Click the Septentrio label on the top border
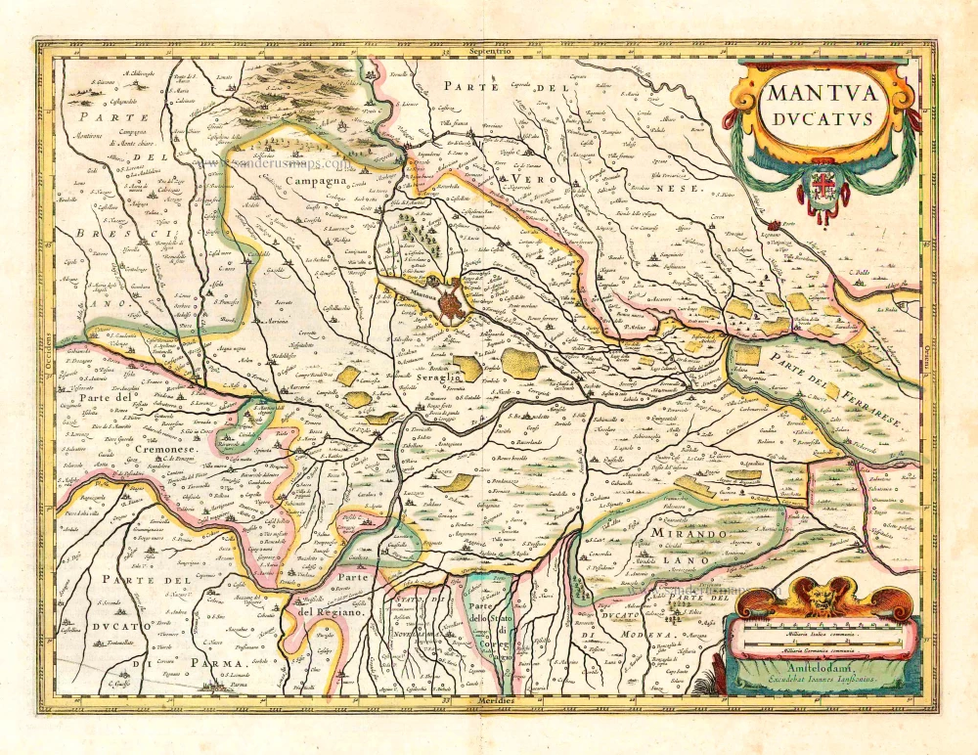point(490,50)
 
